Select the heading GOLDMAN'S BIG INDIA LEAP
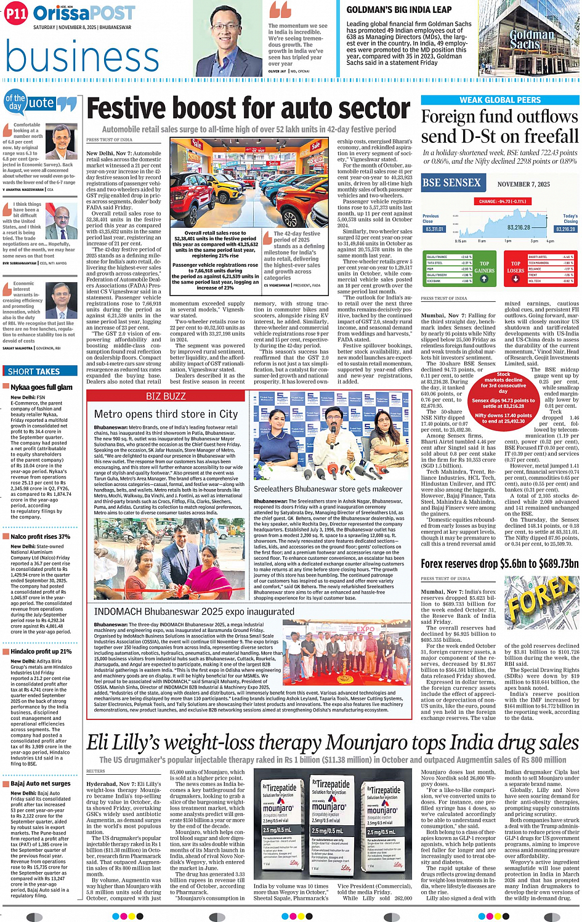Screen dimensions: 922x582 tap(407, 10)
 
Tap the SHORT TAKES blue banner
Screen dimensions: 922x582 tap(34, 371)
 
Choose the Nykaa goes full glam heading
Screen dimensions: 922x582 tap(41, 387)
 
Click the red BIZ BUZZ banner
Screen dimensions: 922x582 tap(166, 396)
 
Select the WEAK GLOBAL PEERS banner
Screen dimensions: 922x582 tap(500, 100)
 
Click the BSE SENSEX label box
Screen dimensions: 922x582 tap(451, 182)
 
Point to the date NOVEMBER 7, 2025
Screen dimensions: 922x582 tap(523, 184)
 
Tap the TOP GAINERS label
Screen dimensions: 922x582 tap(484, 267)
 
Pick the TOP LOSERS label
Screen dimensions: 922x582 tap(515, 267)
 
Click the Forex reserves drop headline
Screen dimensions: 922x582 tap(499, 564)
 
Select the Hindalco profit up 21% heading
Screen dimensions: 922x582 tap(41, 652)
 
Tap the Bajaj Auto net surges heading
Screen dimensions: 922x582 tap(41, 783)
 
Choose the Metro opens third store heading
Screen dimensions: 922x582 tap(166, 414)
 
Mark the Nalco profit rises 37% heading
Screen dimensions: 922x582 tap(40, 537)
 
